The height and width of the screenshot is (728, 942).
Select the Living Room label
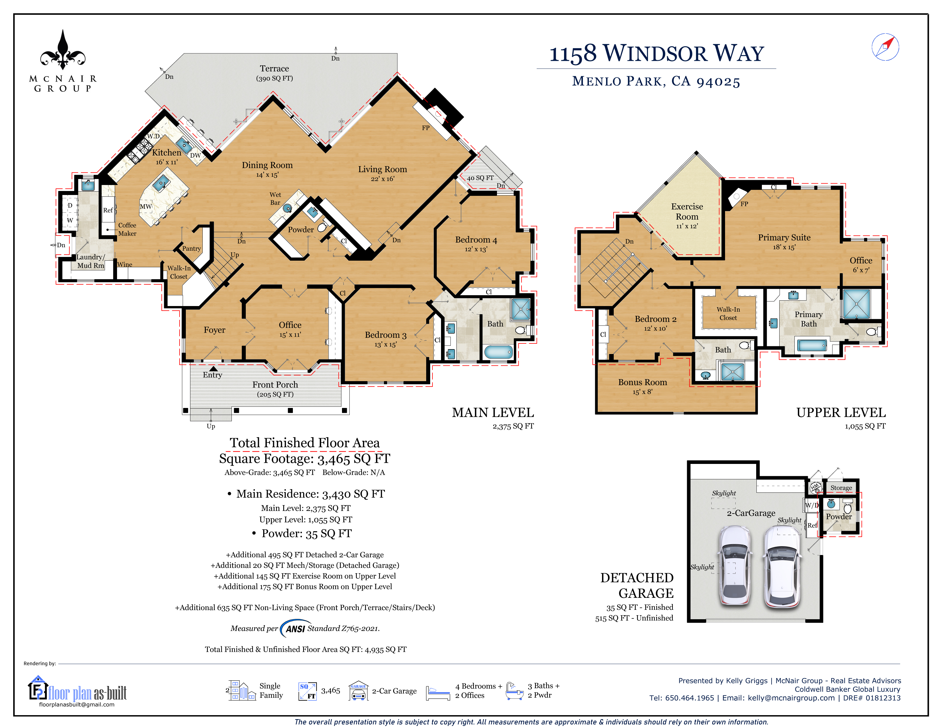click(x=383, y=169)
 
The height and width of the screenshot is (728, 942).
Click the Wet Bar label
click(x=275, y=198)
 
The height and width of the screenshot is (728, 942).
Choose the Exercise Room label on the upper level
click(x=687, y=211)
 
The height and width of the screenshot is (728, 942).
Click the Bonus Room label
click(x=642, y=382)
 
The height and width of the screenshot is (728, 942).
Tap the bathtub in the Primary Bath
click(x=812, y=345)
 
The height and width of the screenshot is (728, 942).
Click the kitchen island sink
click(x=161, y=183)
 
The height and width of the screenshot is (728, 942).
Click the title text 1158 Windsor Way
click(x=657, y=53)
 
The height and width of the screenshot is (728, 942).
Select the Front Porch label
click(x=275, y=384)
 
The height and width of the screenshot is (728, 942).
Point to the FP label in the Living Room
click(x=426, y=128)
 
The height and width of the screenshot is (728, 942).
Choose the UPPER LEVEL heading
click(x=841, y=413)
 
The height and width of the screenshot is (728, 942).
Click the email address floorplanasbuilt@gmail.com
click(x=77, y=704)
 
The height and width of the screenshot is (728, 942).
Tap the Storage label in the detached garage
click(x=841, y=488)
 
